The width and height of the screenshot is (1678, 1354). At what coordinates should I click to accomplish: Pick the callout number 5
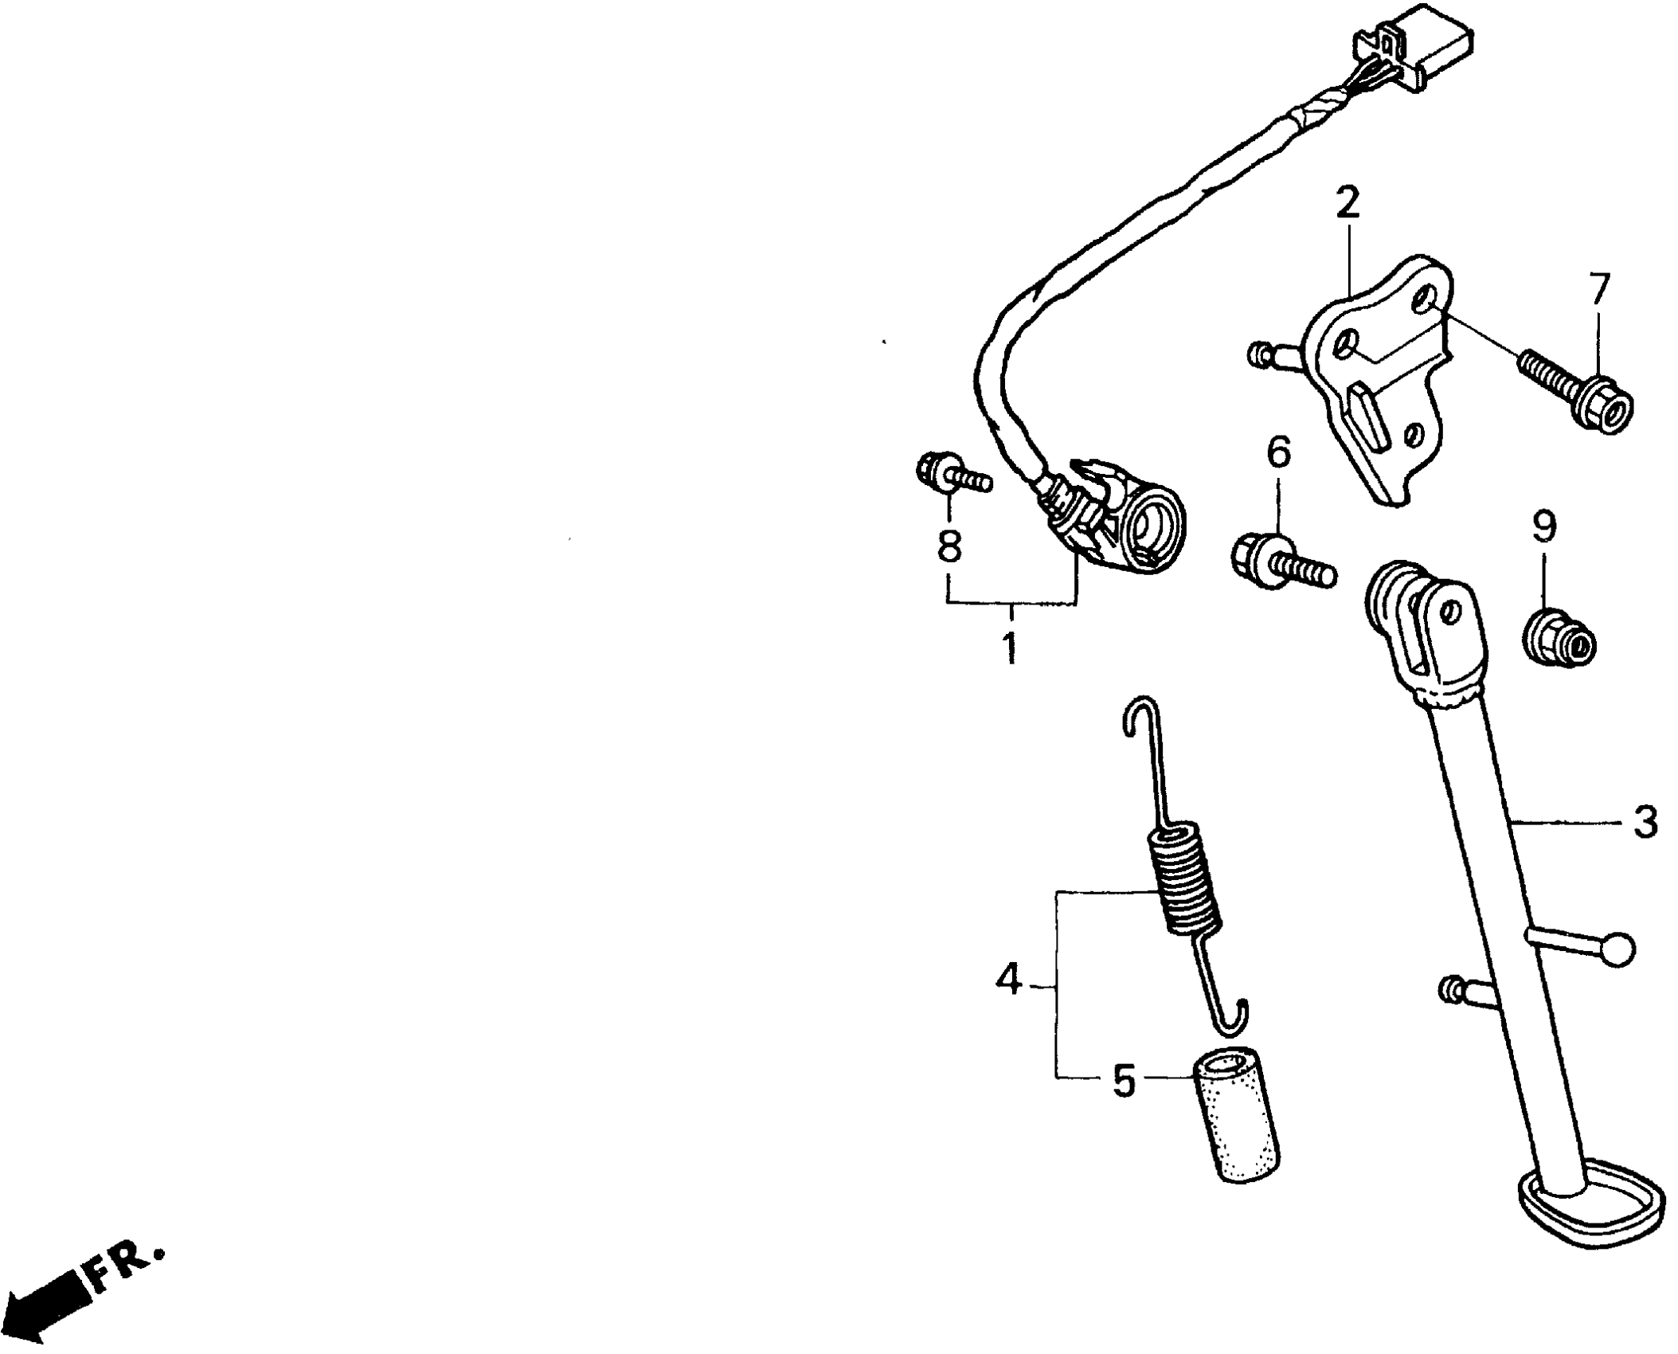click(1124, 1081)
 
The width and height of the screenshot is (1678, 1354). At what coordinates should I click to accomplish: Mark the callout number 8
click(949, 546)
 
